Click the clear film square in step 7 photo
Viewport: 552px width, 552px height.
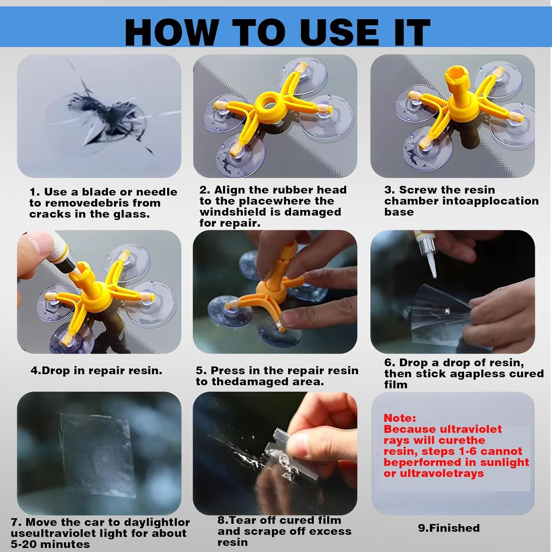(98, 454)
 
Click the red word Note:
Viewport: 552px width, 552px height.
(400, 418)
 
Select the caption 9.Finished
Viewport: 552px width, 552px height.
(449, 528)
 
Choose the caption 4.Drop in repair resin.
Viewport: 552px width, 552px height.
(96, 371)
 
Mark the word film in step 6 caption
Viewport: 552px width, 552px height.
(396, 385)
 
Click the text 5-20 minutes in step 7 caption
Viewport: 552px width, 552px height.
(50, 544)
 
